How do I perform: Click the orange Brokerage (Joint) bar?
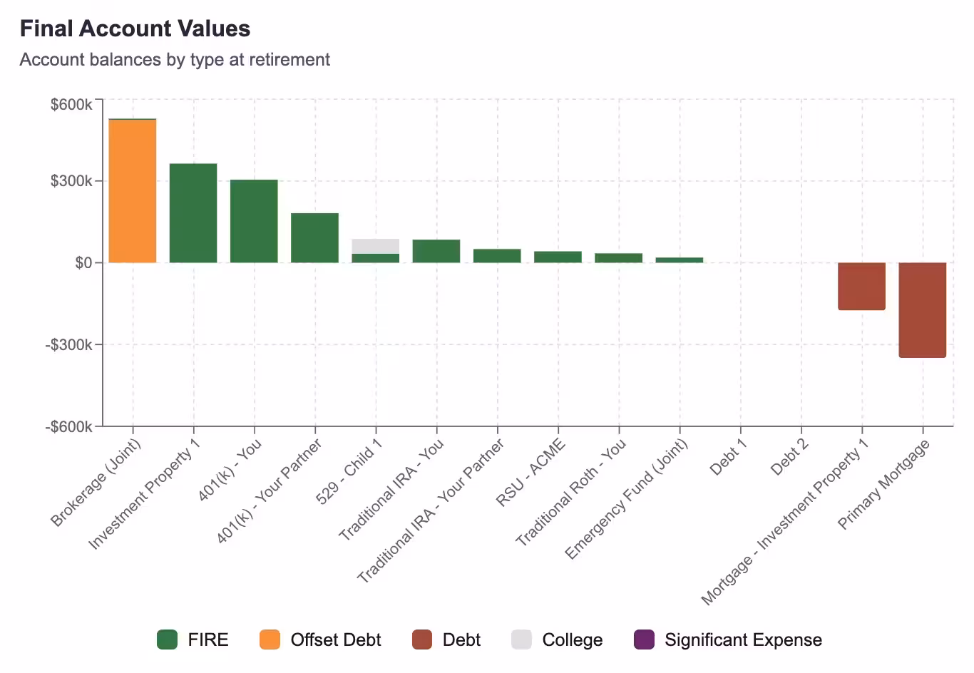[x=133, y=191]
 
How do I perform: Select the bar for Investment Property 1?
[x=193, y=213]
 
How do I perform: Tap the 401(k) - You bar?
[x=254, y=221]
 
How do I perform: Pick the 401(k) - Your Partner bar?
[x=314, y=237]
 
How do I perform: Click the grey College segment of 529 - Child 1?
[x=375, y=246]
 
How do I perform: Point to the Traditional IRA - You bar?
[x=436, y=251]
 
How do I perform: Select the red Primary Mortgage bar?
[x=922, y=309]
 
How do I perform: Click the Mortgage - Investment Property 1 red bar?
[x=861, y=286]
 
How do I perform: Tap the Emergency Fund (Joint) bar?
[x=679, y=260]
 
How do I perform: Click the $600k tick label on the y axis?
[x=71, y=105]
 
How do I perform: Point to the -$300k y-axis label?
[x=69, y=345]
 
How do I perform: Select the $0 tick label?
[x=83, y=263]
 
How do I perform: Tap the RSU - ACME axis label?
[x=532, y=472]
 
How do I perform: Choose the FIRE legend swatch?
[x=167, y=639]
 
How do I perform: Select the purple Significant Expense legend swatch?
[x=644, y=639]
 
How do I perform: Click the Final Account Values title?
[x=135, y=29]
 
